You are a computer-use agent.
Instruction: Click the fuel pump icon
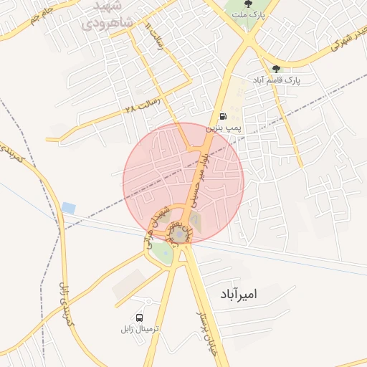tap(223, 116)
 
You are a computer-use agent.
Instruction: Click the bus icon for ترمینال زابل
tap(138, 318)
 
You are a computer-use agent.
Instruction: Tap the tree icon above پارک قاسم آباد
tap(276, 70)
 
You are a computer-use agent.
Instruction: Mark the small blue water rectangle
tap(69, 207)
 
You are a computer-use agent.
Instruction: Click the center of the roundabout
tap(178, 234)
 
